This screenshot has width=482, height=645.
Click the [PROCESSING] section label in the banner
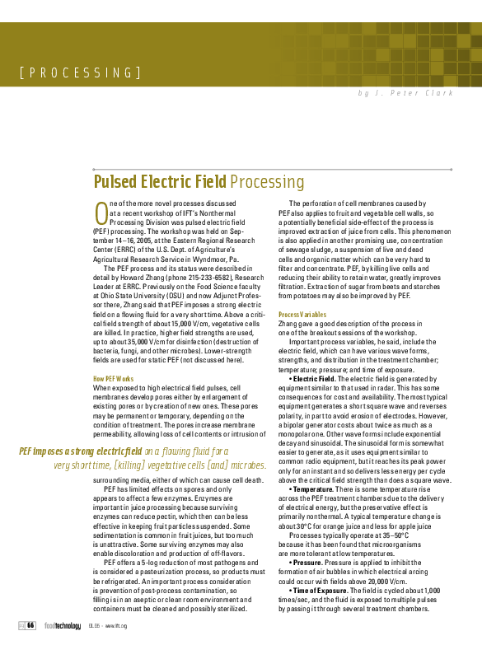click(80, 72)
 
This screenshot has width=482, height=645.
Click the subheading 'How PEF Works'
click(113, 378)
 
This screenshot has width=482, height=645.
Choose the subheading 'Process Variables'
click(302, 315)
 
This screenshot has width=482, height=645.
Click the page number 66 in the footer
click(30, 625)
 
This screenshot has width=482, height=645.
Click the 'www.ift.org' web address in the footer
click(115, 626)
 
